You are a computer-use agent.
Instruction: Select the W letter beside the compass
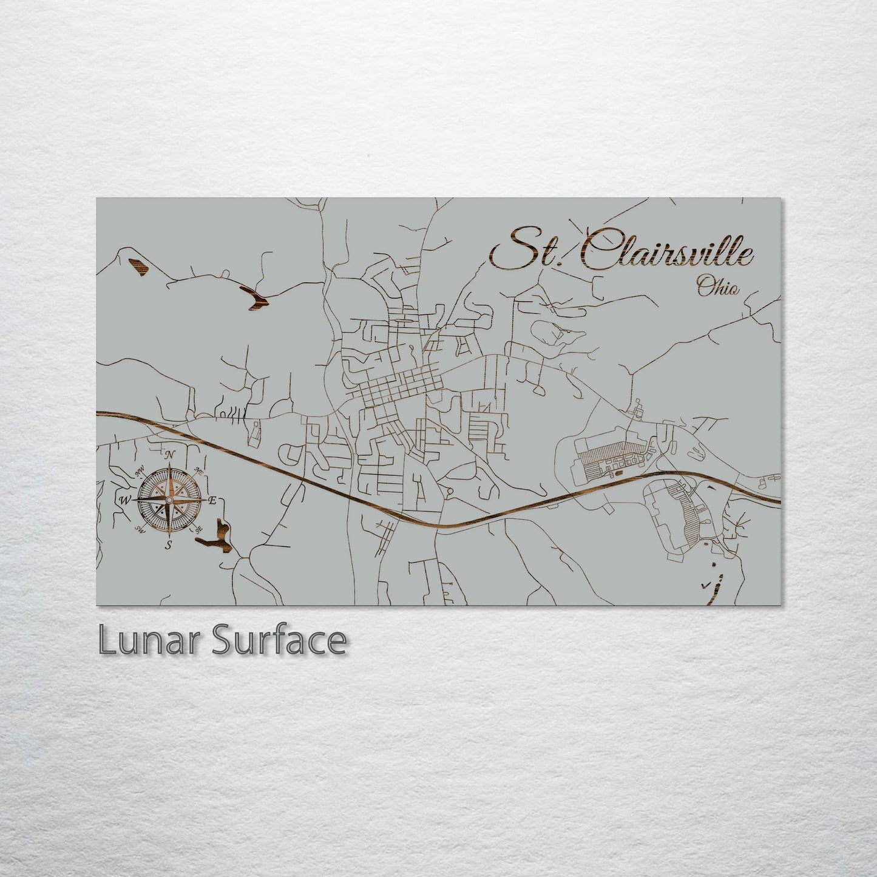124,500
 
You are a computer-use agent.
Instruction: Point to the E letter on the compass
212,501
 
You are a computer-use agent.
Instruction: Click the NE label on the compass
198,470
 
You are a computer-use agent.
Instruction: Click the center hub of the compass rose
169,499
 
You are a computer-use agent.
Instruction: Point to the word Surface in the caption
279,641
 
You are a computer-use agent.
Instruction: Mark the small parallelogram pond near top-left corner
138,267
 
